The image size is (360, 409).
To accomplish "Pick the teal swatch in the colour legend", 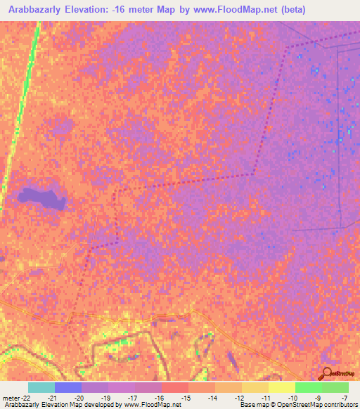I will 41,387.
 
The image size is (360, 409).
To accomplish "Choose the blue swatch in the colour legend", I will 68,387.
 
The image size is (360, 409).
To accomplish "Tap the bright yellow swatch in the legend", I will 282,387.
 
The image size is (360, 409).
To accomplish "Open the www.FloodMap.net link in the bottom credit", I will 151,405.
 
